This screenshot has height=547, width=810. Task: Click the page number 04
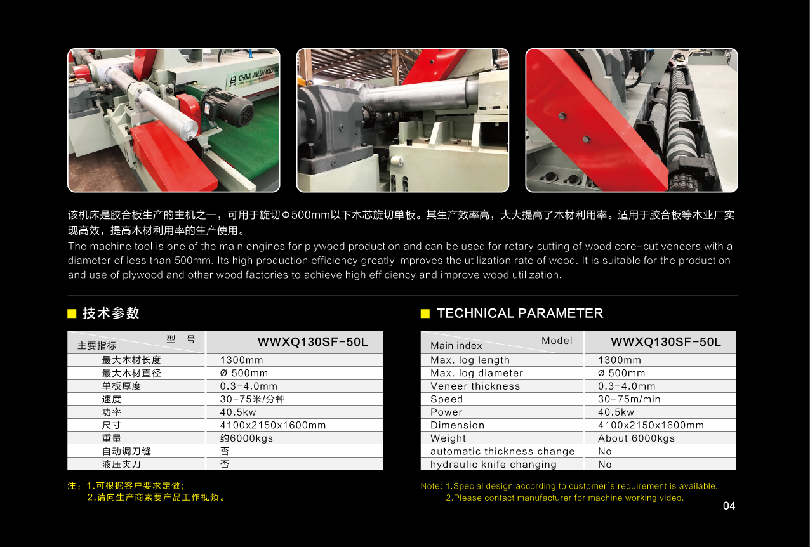tap(729, 506)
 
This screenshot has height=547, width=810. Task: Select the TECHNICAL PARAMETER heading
tap(520, 313)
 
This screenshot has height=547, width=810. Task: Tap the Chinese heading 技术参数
tap(110, 313)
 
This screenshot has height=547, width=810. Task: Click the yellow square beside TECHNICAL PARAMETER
tap(425, 313)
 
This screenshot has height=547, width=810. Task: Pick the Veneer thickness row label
tap(475, 386)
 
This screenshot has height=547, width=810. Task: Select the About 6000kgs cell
tap(636, 438)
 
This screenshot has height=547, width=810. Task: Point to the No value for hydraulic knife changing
tap(604, 465)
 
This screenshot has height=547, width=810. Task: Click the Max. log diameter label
tap(477, 373)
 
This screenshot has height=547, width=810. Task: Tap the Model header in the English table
tap(557, 341)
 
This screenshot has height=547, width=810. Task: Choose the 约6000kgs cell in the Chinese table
tap(246, 438)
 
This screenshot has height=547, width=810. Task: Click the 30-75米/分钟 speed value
tap(253, 399)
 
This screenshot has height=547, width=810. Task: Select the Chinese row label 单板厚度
tap(121, 386)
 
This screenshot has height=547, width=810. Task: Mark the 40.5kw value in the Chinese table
tap(238, 412)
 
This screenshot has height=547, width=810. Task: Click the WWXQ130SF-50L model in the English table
tap(666, 342)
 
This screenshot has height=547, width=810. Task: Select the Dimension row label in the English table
tap(457, 425)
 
